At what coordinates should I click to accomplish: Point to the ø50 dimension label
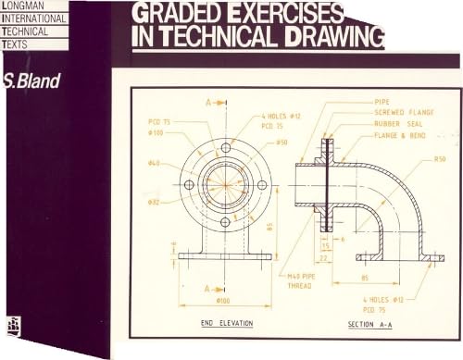point(282,143)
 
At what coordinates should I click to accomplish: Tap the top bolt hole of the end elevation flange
point(225,148)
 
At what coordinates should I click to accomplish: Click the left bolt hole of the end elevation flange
point(189,184)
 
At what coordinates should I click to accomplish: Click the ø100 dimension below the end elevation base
point(223,301)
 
